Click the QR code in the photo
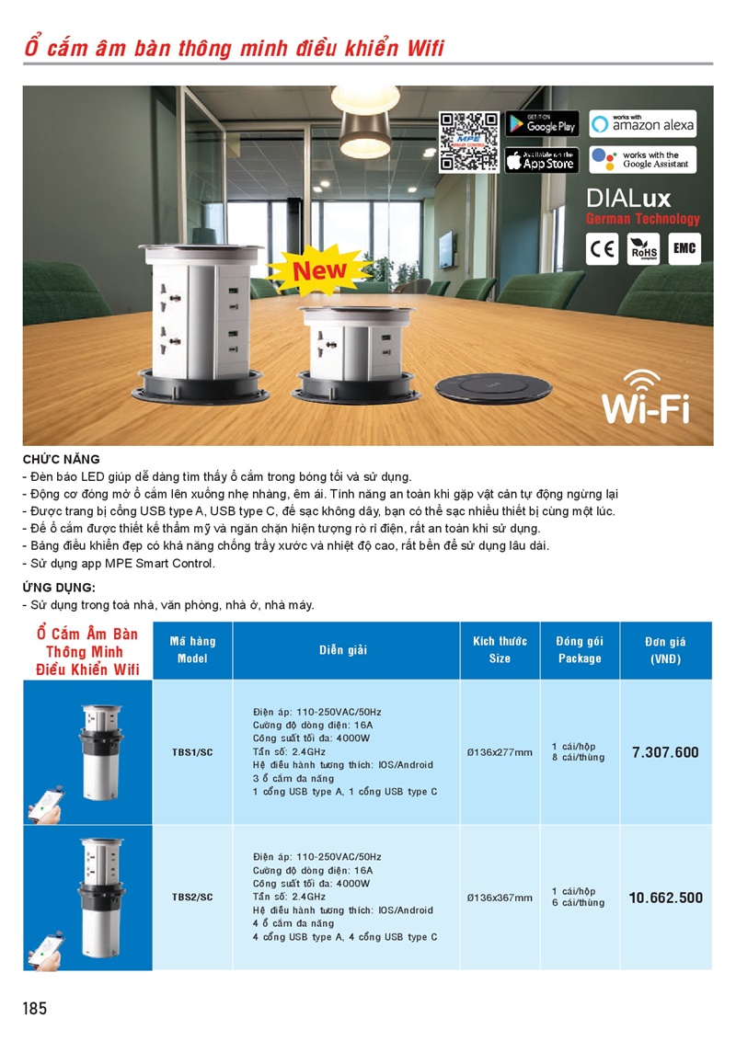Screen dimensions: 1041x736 tap(468, 142)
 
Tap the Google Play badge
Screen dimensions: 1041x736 tap(541, 124)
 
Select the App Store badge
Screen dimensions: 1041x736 tap(541, 160)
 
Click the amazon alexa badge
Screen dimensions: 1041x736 tap(643, 123)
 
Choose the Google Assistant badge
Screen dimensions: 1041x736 tap(643, 160)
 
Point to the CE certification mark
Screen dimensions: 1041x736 tap(603, 248)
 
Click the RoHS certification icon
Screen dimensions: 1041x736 tap(643, 248)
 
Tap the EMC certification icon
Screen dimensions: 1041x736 tap(684, 248)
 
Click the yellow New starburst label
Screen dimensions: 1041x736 tap(319, 270)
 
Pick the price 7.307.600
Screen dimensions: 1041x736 tap(665, 752)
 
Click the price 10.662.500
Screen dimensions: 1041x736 tap(665, 898)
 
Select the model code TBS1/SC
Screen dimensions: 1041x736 tap(192, 752)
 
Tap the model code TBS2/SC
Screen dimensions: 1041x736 tap(192, 898)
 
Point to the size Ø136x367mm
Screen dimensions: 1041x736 tap(500, 898)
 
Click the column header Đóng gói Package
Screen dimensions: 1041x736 tap(580, 649)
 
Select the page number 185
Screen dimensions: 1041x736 tap(34, 1009)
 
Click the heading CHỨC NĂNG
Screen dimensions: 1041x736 tap(61, 459)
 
